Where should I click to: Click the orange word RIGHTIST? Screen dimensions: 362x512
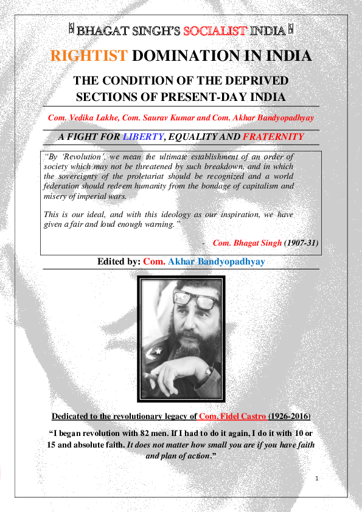click(x=89, y=57)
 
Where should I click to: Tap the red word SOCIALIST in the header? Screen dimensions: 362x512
click(x=231, y=29)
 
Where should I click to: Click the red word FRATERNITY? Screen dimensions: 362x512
click(x=273, y=137)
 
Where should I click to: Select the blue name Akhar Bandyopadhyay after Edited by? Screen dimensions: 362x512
click(x=216, y=261)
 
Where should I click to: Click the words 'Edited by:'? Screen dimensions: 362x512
click(x=119, y=261)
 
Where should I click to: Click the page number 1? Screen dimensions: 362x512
click(x=317, y=479)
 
